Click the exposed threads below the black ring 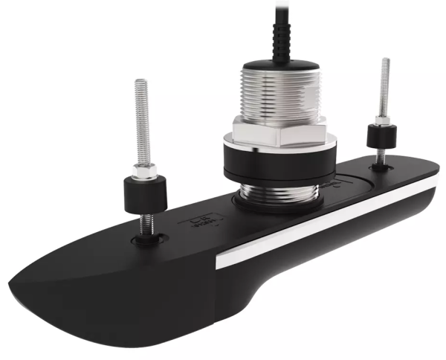(x=277, y=195)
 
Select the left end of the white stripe (x=220, y=261)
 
